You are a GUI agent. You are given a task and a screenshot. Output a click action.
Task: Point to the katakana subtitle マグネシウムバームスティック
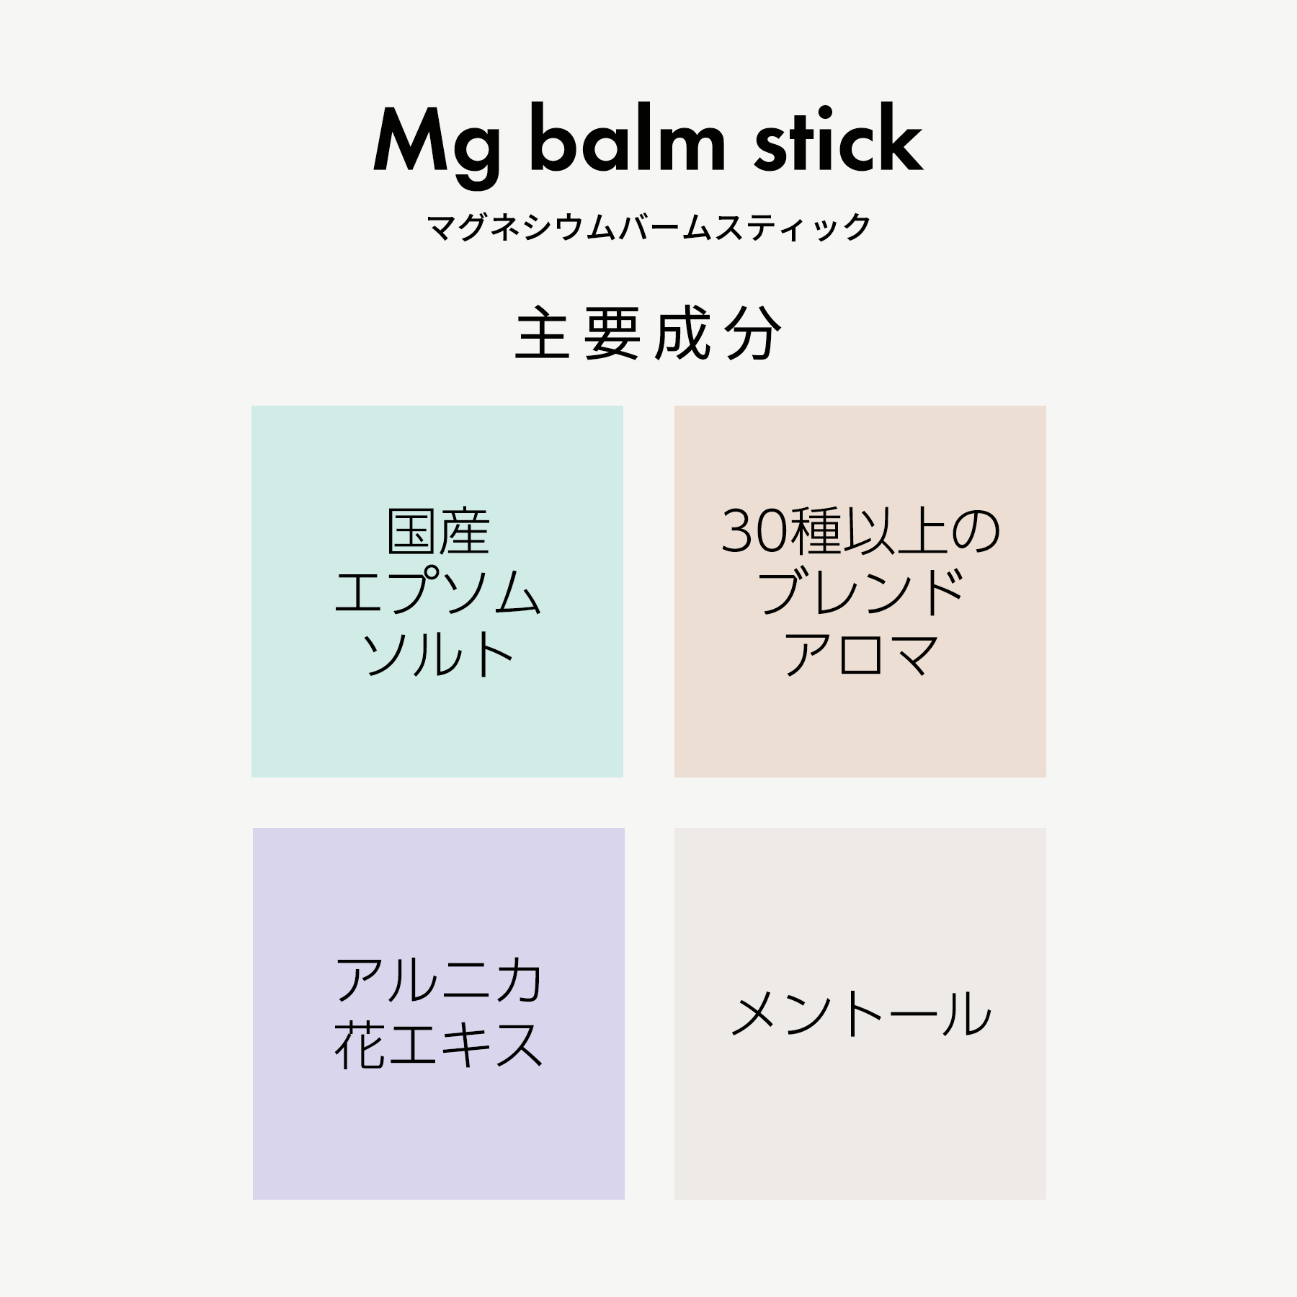coord(648,228)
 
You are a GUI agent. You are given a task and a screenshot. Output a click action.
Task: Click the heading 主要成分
coord(648,334)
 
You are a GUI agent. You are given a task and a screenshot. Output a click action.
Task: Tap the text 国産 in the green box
coord(438,532)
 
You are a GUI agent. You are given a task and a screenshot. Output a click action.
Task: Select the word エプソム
coord(438,592)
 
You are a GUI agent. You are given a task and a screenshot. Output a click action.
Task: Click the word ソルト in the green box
coord(438,654)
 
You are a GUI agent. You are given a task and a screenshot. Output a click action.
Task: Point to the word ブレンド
coord(860,592)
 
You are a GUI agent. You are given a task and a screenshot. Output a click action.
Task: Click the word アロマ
coord(860,654)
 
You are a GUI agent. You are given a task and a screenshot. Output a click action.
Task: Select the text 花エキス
coord(438,1045)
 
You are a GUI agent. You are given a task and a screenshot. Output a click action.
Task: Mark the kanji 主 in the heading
coord(542,334)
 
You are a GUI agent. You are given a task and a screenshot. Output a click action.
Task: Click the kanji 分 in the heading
coord(754,334)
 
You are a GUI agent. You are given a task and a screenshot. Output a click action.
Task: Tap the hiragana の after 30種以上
coord(976,532)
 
